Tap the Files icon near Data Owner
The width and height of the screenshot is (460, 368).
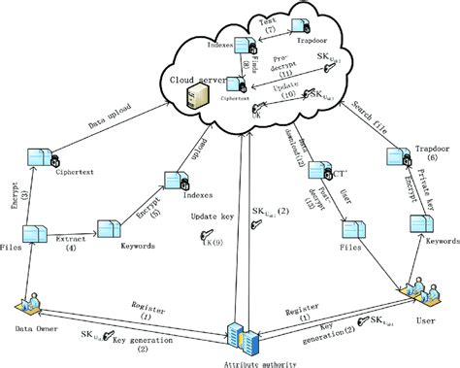point(34,234)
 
